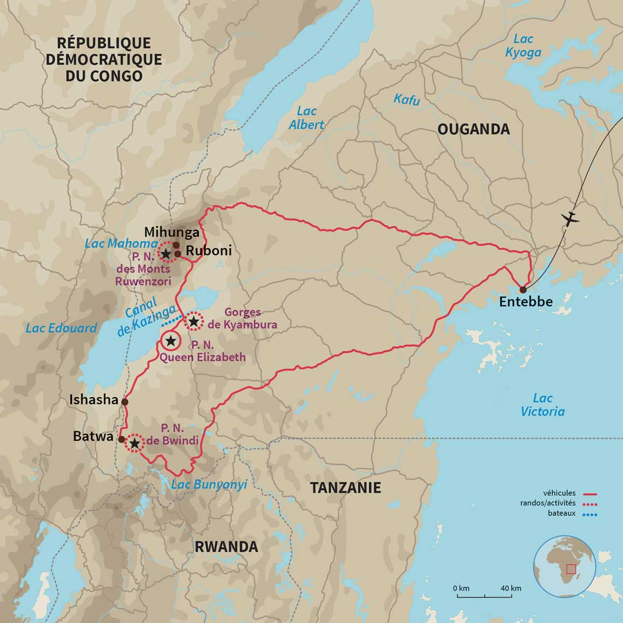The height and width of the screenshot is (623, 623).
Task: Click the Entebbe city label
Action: (526, 302)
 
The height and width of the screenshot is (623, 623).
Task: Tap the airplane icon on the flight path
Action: (570, 219)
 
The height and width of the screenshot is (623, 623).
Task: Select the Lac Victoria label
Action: (542, 405)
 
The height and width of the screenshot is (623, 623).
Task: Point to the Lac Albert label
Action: (307, 118)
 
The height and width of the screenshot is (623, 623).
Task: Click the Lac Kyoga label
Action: (523, 46)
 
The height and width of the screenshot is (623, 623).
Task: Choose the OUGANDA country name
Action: (473, 129)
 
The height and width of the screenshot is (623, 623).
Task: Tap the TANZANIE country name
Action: (345, 488)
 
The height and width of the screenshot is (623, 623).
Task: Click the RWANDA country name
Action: (226, 546)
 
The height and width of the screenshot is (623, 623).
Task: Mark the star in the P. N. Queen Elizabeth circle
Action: (171, 341)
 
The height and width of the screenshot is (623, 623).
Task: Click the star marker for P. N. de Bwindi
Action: (134, 443)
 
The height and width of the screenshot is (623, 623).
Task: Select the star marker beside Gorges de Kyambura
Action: (193, 321)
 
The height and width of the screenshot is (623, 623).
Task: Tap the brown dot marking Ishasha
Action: (125, 402)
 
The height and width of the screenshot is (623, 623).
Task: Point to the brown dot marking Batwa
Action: (121, 439)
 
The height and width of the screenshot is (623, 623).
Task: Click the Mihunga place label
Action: (172, 233)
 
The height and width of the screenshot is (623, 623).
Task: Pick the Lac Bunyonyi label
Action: (209, 485)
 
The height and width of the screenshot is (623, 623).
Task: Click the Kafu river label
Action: (407, 99)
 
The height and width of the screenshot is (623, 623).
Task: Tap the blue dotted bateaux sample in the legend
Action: (590, 514)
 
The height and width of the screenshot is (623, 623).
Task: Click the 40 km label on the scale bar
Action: (510, 588)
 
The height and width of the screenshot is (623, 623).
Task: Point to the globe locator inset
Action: (565, 566)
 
